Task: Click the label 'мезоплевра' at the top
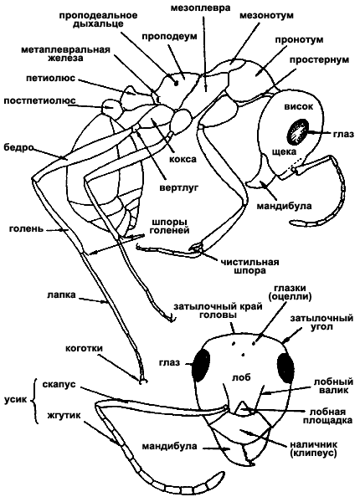[200, 8]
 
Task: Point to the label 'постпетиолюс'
[39, 101]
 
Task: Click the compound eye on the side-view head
[298, 131]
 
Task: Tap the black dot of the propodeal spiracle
[176, 84]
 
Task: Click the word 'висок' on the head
[299, 106]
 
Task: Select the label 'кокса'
[183, 159]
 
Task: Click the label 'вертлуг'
[179, 187]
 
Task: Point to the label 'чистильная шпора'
[249, 266]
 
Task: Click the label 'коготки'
[84, 348]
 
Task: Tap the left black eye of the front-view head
[201, 364]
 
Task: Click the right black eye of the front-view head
[285, 367]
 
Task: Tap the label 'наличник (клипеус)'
[314, 448]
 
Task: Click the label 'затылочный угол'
[321, 323]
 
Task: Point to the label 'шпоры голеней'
[170, 226]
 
